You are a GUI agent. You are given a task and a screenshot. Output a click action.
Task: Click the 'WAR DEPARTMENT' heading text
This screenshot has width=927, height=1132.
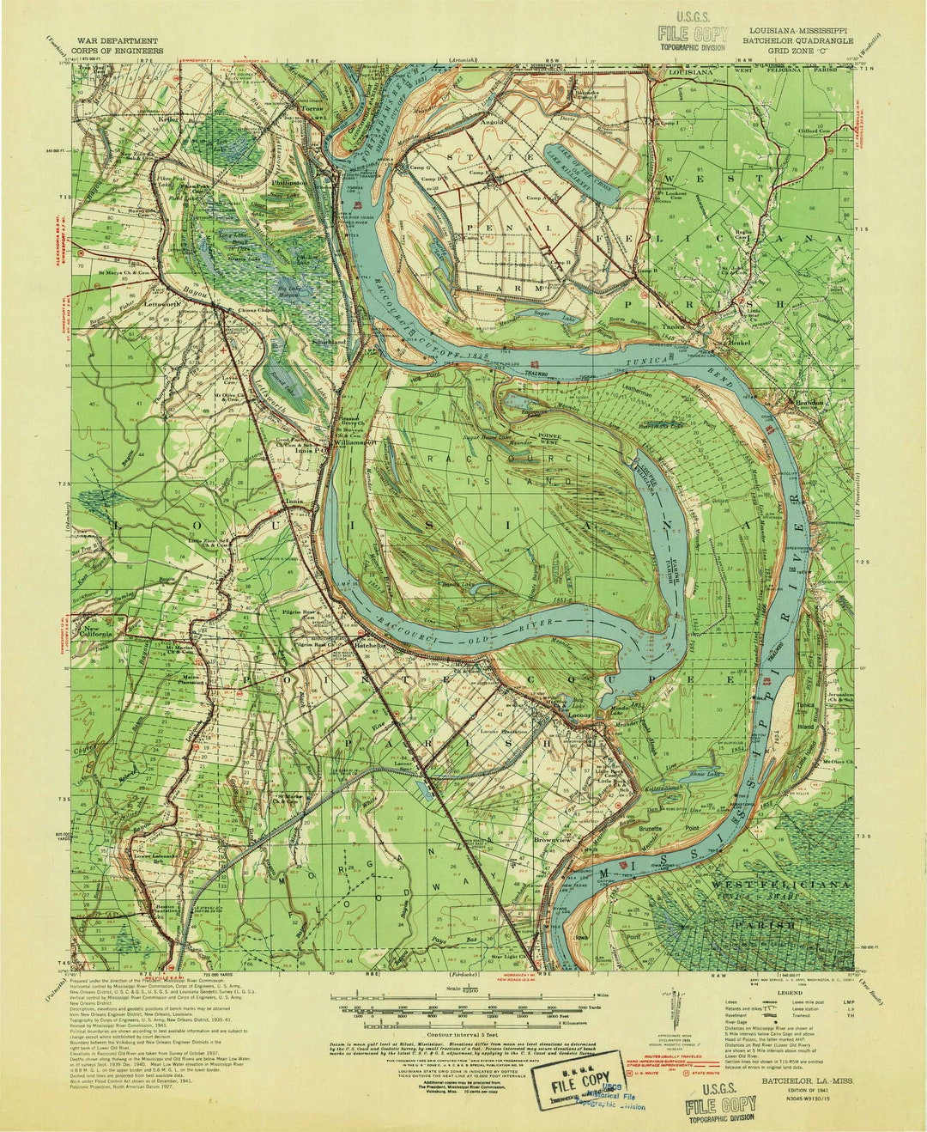(x=117, y=40)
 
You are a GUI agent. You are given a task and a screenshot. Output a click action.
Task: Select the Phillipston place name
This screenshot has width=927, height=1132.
(x=289, y=182)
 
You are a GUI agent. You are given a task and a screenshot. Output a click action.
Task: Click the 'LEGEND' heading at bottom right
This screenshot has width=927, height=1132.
(x=789, y=993)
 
